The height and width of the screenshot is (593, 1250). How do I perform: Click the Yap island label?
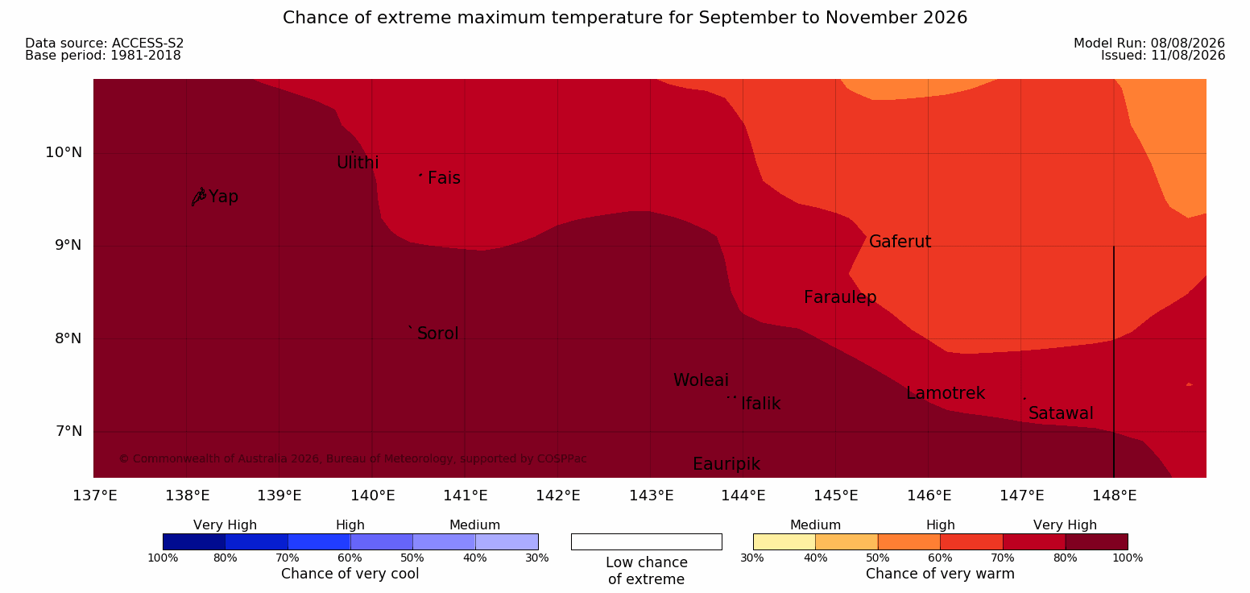pyautogui.click(x=224, y=197)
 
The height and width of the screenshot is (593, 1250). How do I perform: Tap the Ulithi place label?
pyautogui.click(x=358, y=163)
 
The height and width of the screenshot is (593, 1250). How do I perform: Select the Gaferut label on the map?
pyautogui.click(x=900, y=242)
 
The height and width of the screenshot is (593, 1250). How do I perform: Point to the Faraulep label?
pyautogui.click(x=840, y=297)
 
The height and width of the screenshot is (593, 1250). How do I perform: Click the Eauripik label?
pyautogui.click(x=726, y=464)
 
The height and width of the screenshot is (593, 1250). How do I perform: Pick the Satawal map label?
pyautogui.click(x=1061, y=413)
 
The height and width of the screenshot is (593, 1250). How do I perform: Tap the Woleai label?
pyautogui.click(x=701, y=380)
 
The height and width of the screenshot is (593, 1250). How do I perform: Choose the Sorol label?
pyautogui.click(x=437, y=334)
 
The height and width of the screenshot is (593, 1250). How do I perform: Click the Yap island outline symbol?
pyautogui.click(x=199, y=197)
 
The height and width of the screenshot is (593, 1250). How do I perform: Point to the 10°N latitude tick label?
pyautogui.click(x=64, y=152)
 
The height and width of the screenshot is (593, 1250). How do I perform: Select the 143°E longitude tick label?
pyautogui.click(x=651, y=496)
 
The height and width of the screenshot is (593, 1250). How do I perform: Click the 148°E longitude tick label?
pyautogui.click(x=1114, y=496)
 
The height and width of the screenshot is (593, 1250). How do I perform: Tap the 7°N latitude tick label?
pyautogui.click(x=68, y=431)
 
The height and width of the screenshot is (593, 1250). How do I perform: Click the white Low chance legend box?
pyautogui.click(x=646, y=541)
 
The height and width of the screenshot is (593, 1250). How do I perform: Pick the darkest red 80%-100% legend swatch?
pyautogui.click(x=1096, y=541)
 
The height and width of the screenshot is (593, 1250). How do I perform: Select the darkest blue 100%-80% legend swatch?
pyautogui.click(x=194, y=541)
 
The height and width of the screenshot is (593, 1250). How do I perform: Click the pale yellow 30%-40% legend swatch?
pyautogui.click(x=784, y=541)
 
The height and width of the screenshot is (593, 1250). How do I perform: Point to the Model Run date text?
pyautogui.click(x=1149, y=43)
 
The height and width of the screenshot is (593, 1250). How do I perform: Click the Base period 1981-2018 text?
pyautogui.click(x=103, y=56)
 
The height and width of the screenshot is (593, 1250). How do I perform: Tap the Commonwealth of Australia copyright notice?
pyautogui.click(x=353, y=458)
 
